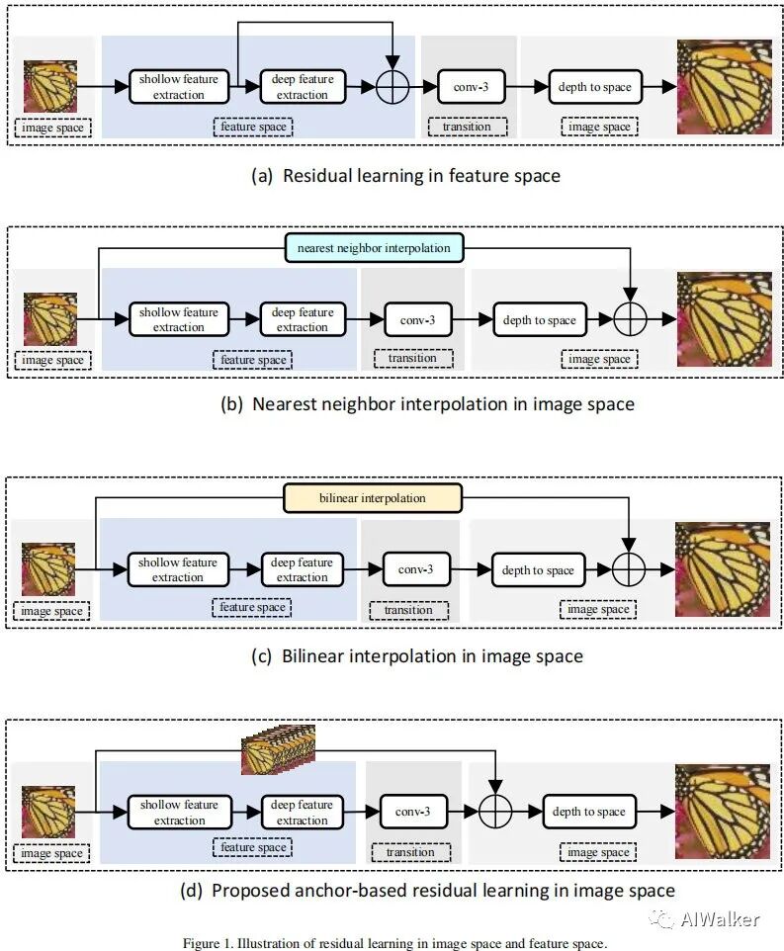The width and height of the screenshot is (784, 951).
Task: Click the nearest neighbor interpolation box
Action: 374,247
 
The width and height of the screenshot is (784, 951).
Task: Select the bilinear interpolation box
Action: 373,498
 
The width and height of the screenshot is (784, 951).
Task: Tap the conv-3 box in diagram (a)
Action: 471,87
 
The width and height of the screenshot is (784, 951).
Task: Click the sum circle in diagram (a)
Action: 392,87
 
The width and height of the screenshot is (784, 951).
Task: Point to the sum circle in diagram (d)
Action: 495,811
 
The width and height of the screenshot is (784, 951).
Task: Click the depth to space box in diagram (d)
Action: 589,812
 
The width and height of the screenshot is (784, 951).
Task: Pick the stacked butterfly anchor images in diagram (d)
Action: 278,749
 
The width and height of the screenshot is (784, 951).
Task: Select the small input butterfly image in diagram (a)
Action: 50,86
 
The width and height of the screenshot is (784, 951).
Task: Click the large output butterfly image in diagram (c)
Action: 723,568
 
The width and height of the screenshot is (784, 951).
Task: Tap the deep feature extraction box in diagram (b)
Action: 303,319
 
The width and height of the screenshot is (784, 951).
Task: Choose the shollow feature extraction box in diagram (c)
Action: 178,569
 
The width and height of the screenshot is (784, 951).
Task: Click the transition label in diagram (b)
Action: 413,359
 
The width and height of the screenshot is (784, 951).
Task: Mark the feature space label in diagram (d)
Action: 253,847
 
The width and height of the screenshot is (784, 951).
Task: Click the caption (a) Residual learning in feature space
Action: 405,176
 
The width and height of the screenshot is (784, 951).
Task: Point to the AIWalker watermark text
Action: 720,919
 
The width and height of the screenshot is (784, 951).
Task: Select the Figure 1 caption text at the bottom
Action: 394,943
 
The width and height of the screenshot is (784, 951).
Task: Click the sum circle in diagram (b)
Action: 631,318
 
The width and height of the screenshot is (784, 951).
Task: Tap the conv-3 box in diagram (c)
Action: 416,569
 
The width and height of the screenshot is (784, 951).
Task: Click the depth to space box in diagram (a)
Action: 595,87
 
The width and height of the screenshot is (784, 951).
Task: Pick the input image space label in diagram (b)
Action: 52,360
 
